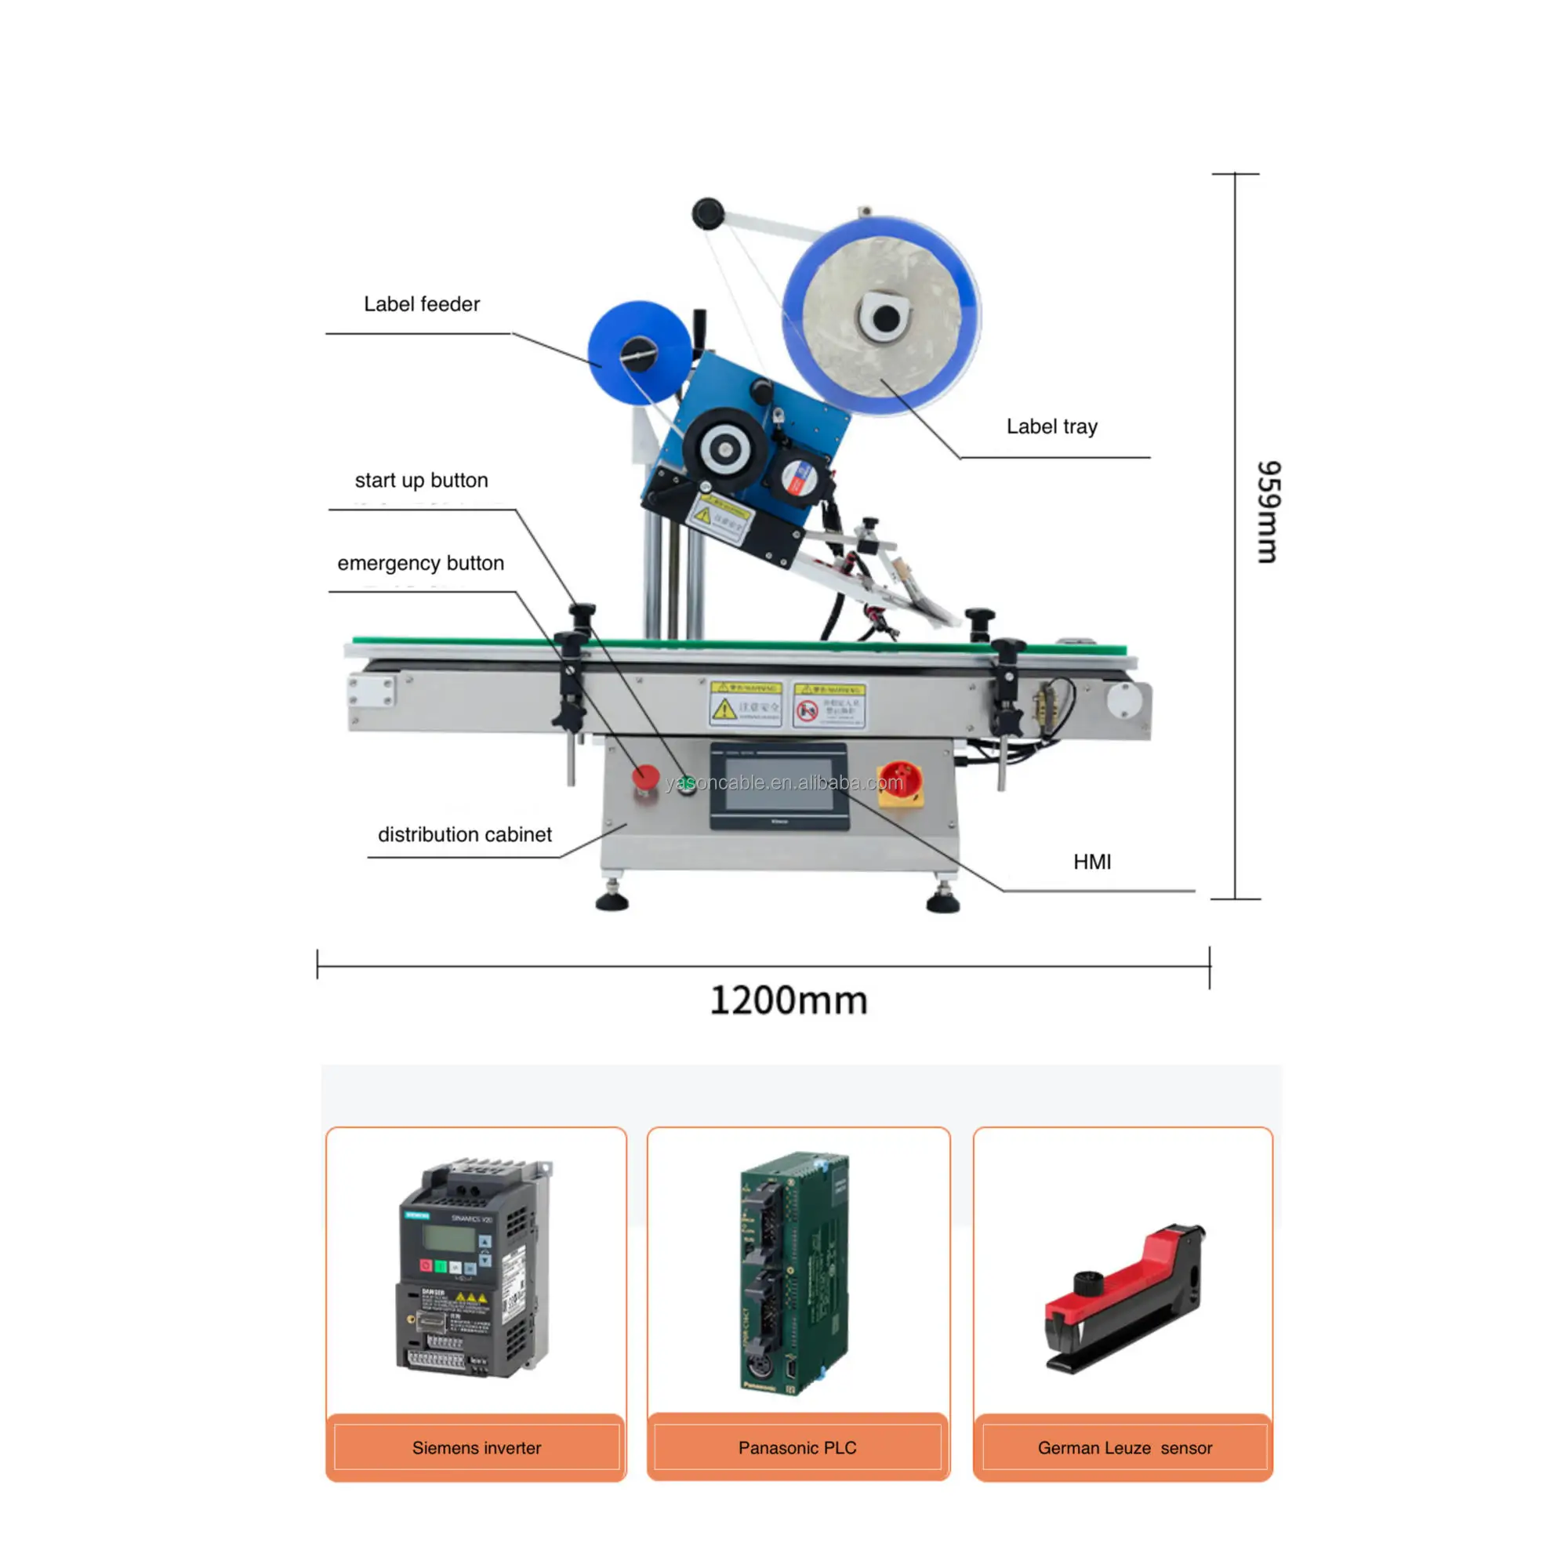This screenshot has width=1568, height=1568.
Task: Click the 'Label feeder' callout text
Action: [421, 304]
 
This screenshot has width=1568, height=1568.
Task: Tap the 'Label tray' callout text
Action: [1052, 427]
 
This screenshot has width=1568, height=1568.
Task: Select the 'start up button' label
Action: [421, 481]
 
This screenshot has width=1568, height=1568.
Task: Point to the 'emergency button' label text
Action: [420, 563]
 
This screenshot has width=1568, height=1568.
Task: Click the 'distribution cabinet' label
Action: [464, 834]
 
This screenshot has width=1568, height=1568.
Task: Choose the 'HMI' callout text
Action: [1091, 862]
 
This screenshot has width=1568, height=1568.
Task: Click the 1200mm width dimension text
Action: [788, 1000]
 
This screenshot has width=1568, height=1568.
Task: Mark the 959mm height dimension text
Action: [1268, 511]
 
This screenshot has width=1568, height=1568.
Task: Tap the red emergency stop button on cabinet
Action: [646, 777]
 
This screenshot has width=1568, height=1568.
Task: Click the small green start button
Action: [688, 784]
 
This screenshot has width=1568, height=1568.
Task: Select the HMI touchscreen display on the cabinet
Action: [779, 785]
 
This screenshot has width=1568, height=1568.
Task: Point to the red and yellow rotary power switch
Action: [900, 782]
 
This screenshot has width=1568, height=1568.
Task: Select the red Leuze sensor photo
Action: [1124, 1298]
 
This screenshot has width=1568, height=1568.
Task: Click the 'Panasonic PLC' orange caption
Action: [797, 1448]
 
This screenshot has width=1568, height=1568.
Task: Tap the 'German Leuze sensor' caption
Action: [1124, 1448]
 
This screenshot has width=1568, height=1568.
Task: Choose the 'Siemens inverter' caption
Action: [477, 1448]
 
